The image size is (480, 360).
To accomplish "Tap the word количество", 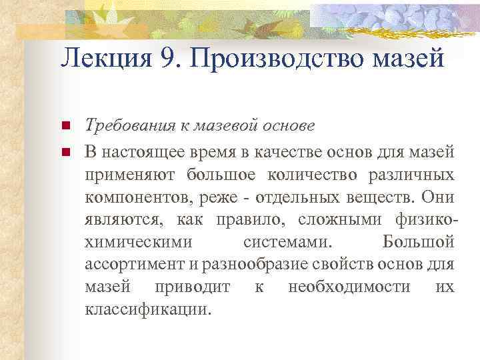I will click(313, 175).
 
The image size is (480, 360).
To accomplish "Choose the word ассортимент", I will click(134, 265).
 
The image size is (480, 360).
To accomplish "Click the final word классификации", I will click(148, 311).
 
